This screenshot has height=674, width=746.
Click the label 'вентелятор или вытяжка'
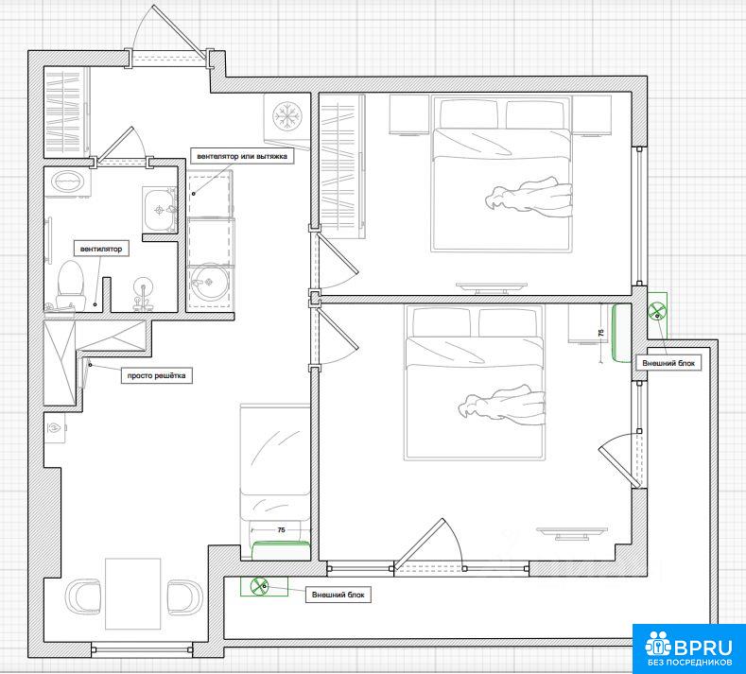pos(242,156)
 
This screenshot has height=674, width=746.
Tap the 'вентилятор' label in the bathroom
pos(101,249)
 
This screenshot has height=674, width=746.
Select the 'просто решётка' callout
pos(157,376)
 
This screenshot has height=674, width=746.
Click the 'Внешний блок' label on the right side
pos(668,363)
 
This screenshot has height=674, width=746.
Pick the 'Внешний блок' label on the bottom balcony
pos(338,595)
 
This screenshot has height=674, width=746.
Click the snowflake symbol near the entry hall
pos(287,115)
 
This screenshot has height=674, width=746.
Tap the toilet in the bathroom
pos(71,284)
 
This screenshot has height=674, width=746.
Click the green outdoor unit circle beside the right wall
pos(656,311)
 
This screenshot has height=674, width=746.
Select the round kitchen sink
pos(210,282)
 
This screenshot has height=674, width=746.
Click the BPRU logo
pos(689,648)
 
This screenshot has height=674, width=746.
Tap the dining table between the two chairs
pos(132,594)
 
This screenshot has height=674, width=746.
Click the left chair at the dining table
pos(84,596)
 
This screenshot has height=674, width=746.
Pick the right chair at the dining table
pos(185,597)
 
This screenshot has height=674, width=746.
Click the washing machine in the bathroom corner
pos(67,182)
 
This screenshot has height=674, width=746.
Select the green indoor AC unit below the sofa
pos(281,550)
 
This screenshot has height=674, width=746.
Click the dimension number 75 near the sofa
pos(281,530)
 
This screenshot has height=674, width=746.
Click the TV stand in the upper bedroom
pos(492,287)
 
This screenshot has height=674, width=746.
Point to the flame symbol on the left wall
pos(55,428)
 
